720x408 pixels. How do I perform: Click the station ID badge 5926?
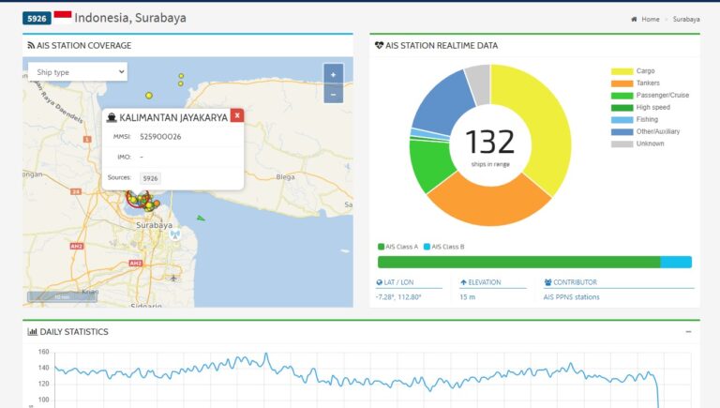(x=36, y=19)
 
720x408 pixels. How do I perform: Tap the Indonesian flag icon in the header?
(x=63, y=17)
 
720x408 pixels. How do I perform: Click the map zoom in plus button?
(x=333, y=75)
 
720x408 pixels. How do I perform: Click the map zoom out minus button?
(x=333, y=94)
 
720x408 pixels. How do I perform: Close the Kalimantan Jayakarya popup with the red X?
(x=237, y=115)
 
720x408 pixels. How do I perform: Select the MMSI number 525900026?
(x=160, y=137)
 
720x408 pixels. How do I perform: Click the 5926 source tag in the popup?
(x=150, y=177)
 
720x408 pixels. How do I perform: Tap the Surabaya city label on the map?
(x=155, y=225)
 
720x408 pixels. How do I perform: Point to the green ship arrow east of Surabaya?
(x=200, y=218)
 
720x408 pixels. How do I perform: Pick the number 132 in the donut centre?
(x=490, y=142)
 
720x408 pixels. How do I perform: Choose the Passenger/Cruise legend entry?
(x=663, y=95)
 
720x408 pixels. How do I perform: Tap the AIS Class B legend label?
(x=447, y=247)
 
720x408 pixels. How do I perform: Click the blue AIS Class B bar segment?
(x=675, y=262)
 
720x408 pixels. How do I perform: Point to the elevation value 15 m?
(x=467, y=297)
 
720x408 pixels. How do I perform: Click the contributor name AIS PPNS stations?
(x=571, y=297)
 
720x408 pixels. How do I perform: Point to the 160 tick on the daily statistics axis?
(x=43, y=353)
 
